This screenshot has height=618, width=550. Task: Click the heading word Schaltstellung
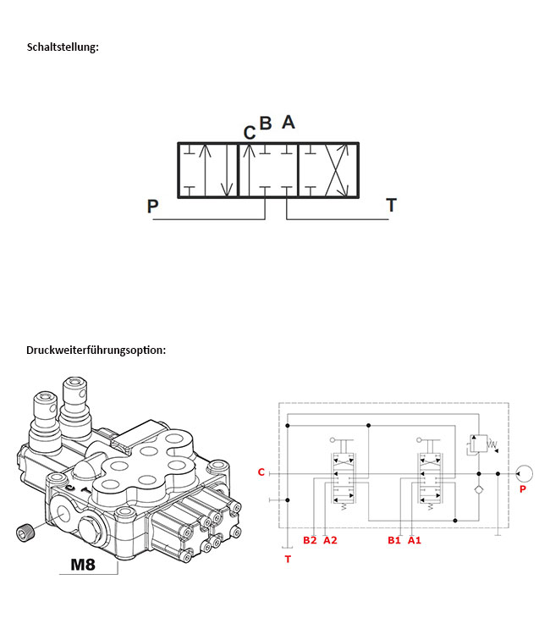63,47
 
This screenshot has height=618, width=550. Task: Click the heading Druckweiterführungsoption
96,350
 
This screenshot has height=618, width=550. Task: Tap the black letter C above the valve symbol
250,133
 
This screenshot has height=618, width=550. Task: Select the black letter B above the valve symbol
266,124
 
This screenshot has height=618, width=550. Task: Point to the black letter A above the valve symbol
289,122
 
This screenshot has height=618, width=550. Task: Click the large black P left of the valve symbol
153,206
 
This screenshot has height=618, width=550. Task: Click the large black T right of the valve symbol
391,205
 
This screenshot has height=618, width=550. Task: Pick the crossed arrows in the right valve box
337,170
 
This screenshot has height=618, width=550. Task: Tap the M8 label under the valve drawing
83,565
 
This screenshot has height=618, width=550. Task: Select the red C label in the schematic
261,472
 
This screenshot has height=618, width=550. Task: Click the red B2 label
310,540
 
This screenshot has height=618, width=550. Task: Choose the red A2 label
330,540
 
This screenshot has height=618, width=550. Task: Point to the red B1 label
394,540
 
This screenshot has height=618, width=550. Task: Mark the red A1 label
415,540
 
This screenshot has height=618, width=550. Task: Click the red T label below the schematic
288,559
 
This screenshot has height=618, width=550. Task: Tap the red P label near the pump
523,489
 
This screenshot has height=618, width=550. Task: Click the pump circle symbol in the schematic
524,473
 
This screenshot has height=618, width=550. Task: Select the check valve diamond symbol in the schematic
479,490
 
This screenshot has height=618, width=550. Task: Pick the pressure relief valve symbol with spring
481,444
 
